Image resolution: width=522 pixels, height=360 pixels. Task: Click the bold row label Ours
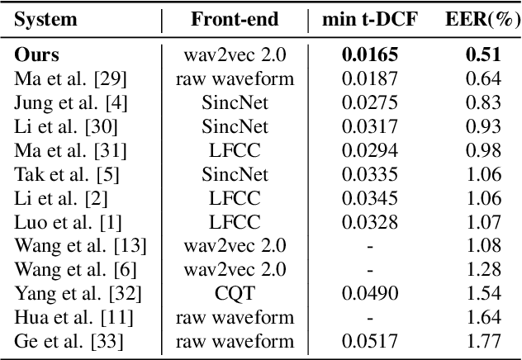35,57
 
